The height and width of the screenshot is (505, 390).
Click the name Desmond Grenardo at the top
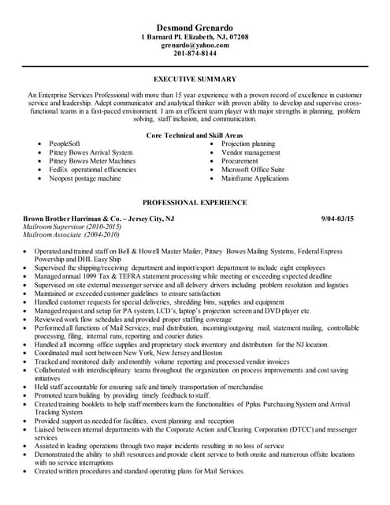click(194, 25)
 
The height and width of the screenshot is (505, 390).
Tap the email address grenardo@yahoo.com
click(195, 46)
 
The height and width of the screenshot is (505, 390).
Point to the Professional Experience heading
click(195, 202)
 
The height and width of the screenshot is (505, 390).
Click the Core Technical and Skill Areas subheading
click(195, 136)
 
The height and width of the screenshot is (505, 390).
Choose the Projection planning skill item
click(248, 144)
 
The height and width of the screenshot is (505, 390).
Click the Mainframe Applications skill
click(255, 179)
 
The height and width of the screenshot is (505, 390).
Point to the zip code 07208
click(236, 37)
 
